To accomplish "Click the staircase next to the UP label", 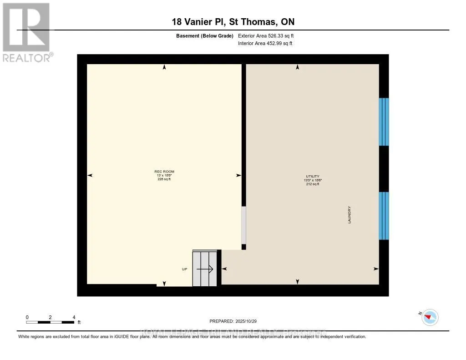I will pos(204,269).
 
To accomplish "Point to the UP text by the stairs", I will pos(184,269).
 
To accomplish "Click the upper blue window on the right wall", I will pos(384,122).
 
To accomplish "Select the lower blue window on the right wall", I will pos(384,216).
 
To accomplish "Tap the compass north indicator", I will pos(430,317).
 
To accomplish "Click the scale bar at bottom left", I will pos(50,322).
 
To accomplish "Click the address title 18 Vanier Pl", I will pos(233,22).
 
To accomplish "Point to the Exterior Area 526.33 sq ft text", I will pos(269,36).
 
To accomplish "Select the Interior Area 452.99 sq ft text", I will pos(265,44).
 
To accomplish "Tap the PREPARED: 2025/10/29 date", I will pos(236,321).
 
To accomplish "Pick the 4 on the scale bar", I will pos(74,317).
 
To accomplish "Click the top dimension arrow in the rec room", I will pos(164,67).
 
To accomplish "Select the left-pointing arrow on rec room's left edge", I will pos(90,175).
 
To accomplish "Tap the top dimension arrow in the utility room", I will pos(298,67).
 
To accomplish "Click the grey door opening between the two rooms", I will pos(243,225).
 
